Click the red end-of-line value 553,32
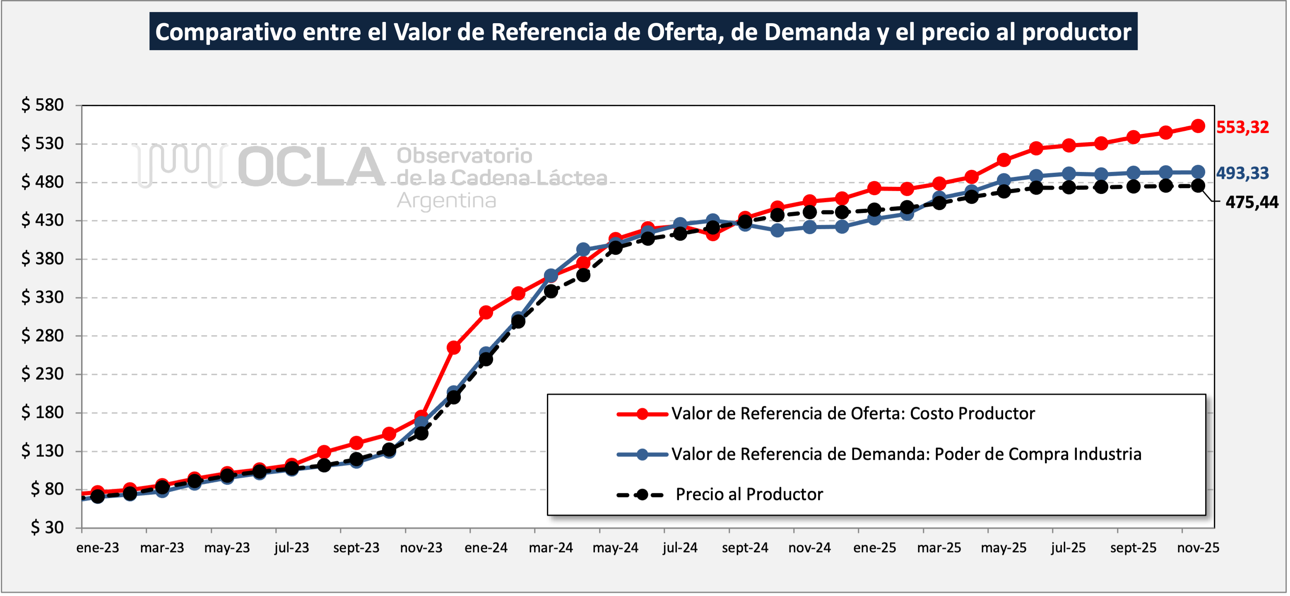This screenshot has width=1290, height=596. coord(1242,127)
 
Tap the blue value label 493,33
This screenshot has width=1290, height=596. coord(1242,173)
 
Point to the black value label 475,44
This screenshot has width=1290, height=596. coord(1251,203)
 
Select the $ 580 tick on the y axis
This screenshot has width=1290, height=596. coord(43,105)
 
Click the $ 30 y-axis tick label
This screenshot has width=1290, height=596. coord(47,527)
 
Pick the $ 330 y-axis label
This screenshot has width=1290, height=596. coord(43,297)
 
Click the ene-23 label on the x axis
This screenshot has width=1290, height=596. coord(98,548)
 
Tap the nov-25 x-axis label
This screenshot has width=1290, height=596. coord(1198,548)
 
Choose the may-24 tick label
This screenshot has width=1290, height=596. coord(616,548)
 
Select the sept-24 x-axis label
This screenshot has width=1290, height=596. coord(745,548)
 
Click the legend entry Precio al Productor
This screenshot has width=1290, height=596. coord(748,495)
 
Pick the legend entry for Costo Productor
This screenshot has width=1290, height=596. coord(852,414)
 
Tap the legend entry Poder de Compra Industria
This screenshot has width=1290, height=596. coord(906,454)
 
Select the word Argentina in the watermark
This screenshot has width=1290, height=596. coord(446,201)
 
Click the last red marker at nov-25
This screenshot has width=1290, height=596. coord(1198,126)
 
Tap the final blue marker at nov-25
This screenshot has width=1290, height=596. coord(1198,172)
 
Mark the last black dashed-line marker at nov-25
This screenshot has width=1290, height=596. coord(1198,186)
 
